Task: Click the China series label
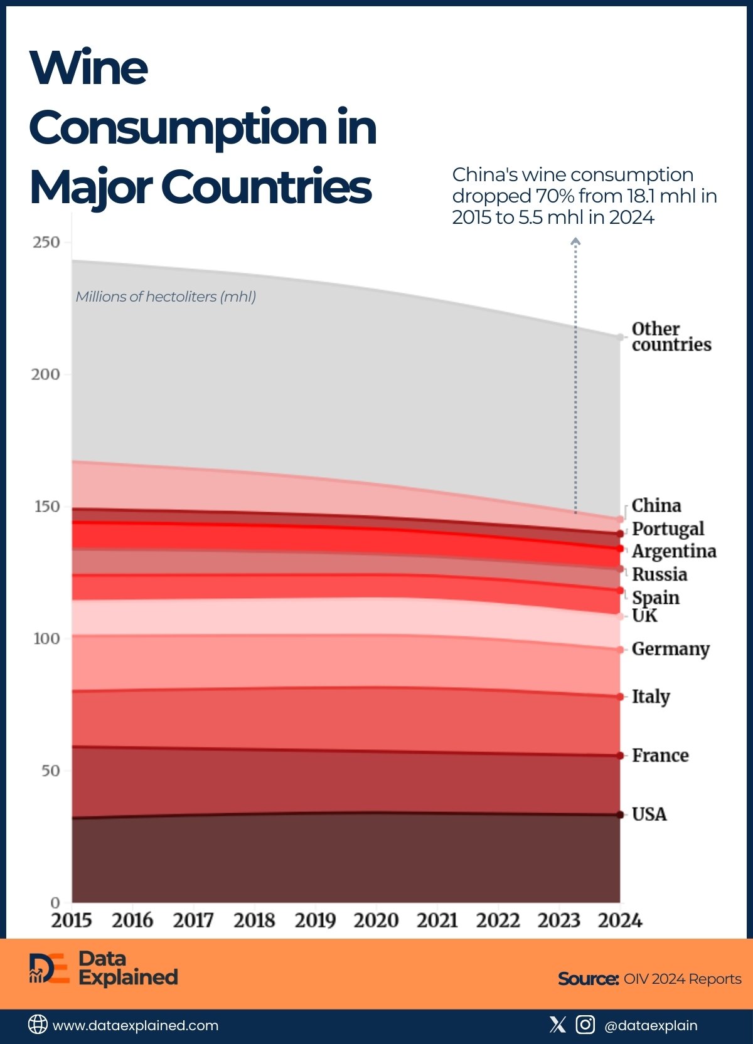[656, 505]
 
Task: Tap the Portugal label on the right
[668, 529]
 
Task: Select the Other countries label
[671, 337]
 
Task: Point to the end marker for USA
[620, 815]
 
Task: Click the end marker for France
[620, 756]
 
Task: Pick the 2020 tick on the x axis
[376, 920]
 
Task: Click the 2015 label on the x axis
[72, 920]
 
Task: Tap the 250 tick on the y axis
[46, 242]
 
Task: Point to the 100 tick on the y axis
[46, 638]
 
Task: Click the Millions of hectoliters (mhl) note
[166, 297]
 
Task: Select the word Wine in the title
[88, 68]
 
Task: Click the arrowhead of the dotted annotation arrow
[575, 241]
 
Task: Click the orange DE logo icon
[49, 968]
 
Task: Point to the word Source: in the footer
[588, 979]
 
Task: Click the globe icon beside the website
[38, 1025]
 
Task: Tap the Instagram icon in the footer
[585, 1025]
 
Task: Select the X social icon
[557, 1025]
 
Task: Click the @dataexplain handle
[651, 1026]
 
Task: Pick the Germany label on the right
[670, 649]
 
